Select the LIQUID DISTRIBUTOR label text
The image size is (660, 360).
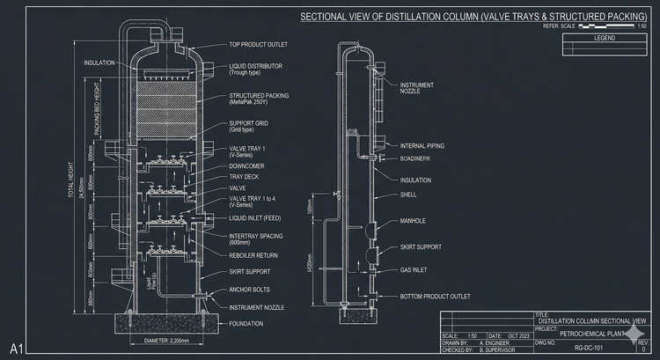click(x=256, y=66)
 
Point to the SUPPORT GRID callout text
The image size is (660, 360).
click(x=248, y=123)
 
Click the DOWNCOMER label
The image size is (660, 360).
click(x=246, y=165)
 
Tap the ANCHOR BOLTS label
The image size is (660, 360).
click(x=249, y=290)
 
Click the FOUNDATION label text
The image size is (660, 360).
click(x=246, y=323)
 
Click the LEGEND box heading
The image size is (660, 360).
click(x=605, y=38)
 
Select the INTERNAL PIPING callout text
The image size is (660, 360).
click(x=420, y=146)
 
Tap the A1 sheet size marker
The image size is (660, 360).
click(x=16, y=344)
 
